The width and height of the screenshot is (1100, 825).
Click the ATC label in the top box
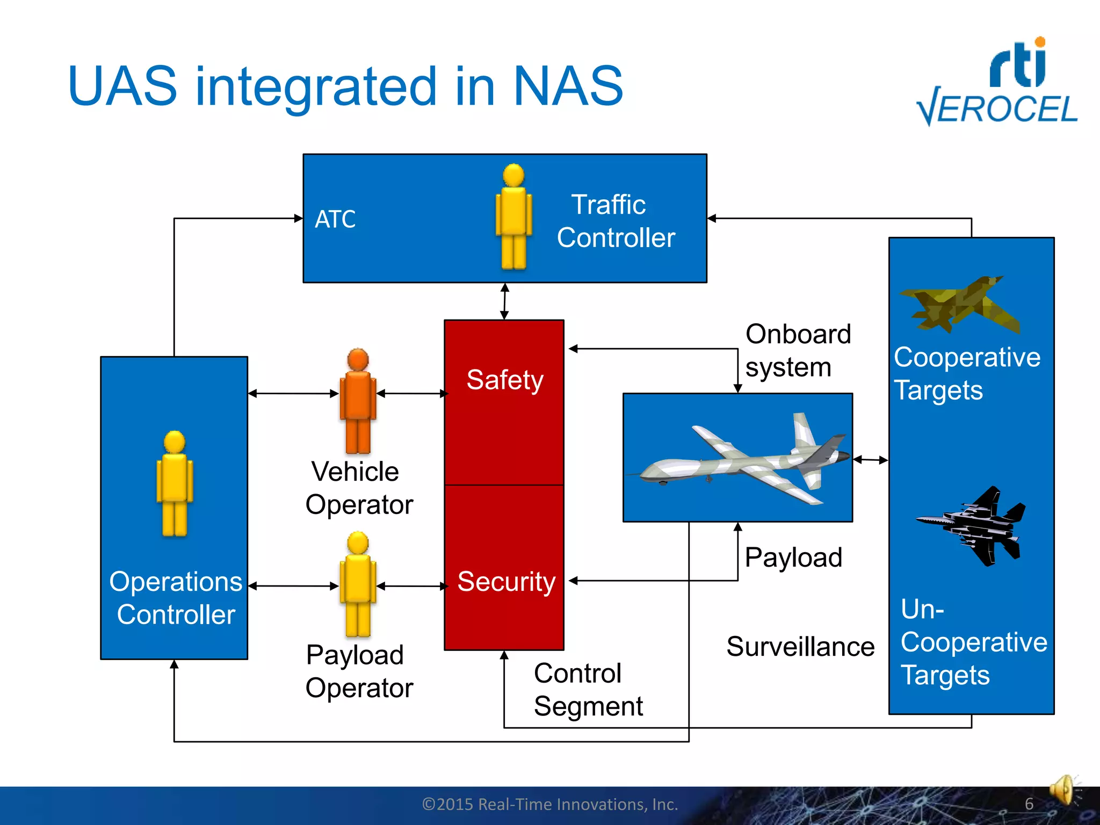coord(335,219)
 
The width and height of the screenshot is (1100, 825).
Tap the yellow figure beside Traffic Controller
coord(513,218)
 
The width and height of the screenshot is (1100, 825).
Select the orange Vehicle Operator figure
coord(358,401)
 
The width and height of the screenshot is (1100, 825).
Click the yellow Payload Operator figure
coord(358,584)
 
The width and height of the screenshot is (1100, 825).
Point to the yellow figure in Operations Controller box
coord(175,483)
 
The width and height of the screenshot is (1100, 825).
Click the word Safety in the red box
coord(505,380)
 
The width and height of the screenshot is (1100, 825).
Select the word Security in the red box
coord(506,582)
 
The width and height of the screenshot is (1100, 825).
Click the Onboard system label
coord(798,350)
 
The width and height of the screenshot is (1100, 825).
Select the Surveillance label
coord(800,646)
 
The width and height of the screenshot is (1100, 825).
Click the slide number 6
coord(1029,804)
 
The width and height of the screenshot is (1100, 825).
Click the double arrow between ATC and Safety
coord(504,301)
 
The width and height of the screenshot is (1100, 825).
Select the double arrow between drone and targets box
coord(870,460)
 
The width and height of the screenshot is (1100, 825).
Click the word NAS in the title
coord(568,86)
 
